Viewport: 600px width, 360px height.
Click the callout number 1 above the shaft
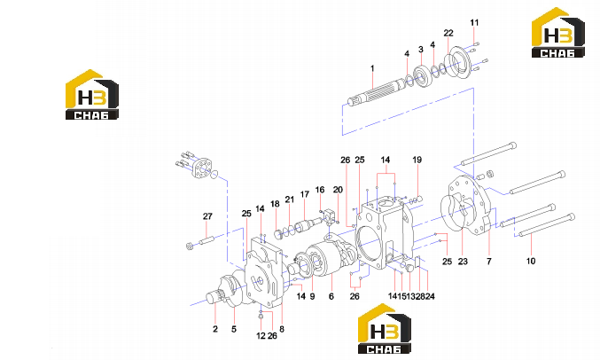(372, 68)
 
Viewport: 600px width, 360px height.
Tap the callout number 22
(448, 34)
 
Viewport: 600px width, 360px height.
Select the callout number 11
(474, 23)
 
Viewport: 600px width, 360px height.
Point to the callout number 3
(421, 50)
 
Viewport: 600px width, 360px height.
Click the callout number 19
(417, 160)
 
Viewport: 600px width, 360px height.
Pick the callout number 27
(207, 216)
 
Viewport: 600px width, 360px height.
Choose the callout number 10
(530, 262)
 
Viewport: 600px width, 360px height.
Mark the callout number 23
(463, 262)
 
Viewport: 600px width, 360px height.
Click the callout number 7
(488, 262)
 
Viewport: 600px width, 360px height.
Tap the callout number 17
(304, 194)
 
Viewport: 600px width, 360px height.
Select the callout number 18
(275, 204)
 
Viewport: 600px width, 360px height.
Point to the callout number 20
(338, 190)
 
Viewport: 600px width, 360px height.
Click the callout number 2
(215, 329)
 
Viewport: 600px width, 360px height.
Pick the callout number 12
(261, 336)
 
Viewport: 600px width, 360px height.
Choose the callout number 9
(312, 296)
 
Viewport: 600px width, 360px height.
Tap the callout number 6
(331, 296)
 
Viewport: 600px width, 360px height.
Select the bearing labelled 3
(423, 76)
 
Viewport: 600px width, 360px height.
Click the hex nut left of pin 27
(189, 245)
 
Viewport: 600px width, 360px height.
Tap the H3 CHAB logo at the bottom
(384, 329)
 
